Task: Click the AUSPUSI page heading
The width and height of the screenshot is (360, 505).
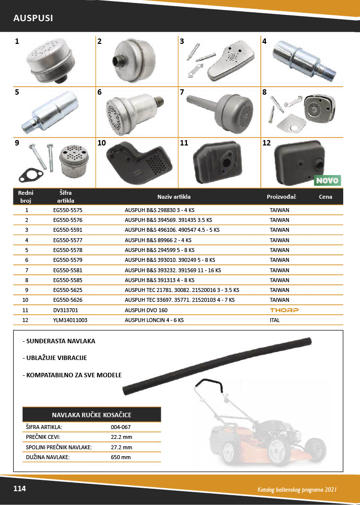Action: [x=33, y=18]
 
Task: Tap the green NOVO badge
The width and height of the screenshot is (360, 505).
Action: [x=327, y=180]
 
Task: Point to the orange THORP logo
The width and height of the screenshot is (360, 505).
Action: [x=284, y=310]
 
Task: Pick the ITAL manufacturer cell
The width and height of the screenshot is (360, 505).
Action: [x=276, y=320]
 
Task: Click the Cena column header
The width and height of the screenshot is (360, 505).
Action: [x=325, y=196]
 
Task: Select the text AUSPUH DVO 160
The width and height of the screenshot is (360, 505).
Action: [x=146, y=310]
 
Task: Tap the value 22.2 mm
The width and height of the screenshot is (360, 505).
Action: [x=121, y=437]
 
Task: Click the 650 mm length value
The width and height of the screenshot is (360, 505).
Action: [x=121, y=457]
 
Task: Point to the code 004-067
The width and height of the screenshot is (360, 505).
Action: [x=121, y=427]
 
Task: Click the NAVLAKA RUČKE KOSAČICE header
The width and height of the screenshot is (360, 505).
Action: [x=92, y=414]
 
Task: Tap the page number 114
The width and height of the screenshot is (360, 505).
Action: [x=20, y=489]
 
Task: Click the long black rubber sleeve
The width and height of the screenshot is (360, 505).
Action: [x=217, y=364]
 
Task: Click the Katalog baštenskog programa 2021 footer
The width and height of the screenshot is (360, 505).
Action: [x=297, y=490]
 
